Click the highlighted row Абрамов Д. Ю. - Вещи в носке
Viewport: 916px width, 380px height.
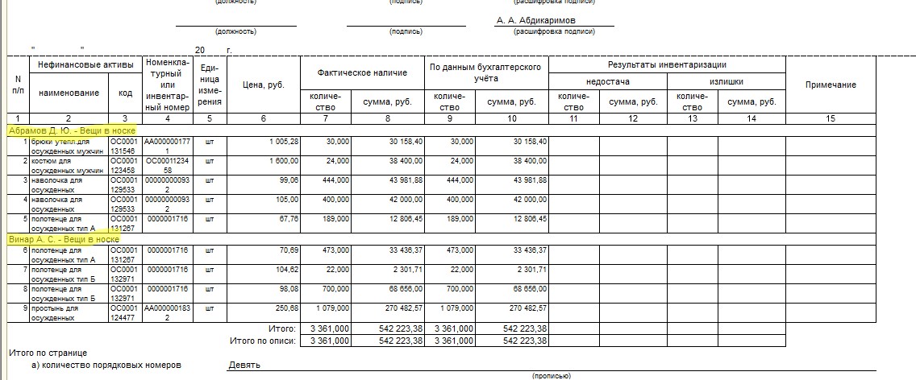pos(71,130)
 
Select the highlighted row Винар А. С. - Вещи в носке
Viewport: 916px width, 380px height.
pos(64,239)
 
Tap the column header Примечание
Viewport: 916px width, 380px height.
pos(831,85)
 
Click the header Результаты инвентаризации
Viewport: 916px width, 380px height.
pos(667,64)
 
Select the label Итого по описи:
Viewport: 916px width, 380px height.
pos(262,341)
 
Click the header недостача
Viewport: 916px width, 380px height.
pos(607,82)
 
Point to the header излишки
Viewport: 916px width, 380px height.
pos(726,82)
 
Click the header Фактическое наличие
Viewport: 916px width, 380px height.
pos(361,72)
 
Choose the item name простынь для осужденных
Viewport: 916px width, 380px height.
pos(53,311)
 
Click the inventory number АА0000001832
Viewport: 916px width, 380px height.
pos(167,311)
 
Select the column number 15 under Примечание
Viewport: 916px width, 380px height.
pos(831,118)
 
